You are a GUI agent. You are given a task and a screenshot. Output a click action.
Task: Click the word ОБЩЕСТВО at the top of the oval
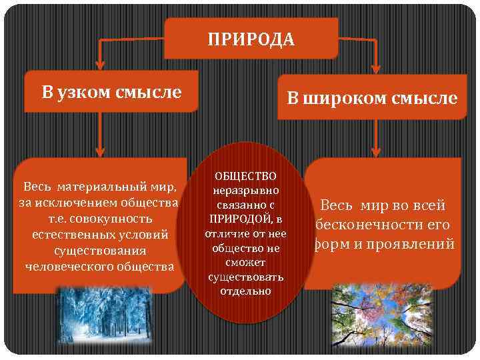click(x=245, y=176)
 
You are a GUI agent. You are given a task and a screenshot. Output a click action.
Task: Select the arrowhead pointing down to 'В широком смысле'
click(x=376, y=67)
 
